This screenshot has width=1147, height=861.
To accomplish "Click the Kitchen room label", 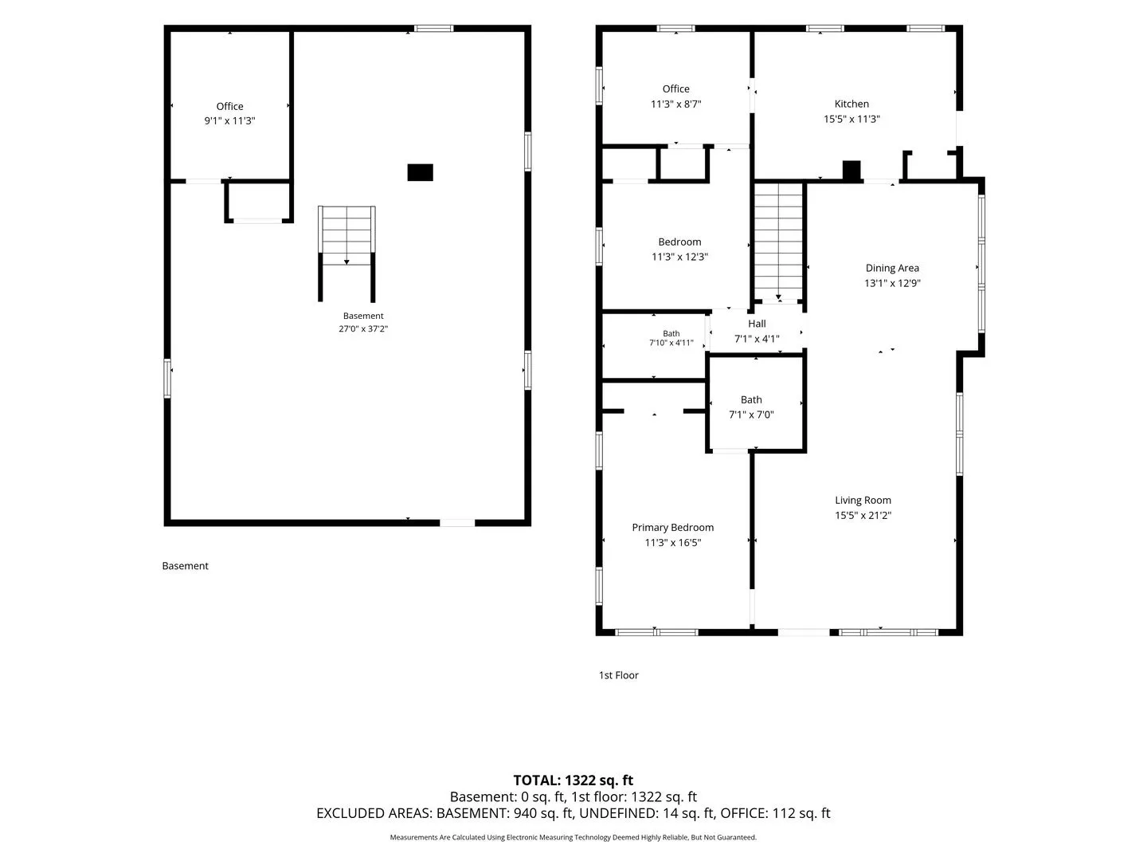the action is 851,104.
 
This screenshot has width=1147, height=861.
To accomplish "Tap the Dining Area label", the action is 892,268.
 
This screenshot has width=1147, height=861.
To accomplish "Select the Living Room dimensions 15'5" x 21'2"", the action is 863,516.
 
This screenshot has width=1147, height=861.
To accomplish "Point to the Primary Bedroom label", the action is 672,528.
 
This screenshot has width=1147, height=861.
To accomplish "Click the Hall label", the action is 757,324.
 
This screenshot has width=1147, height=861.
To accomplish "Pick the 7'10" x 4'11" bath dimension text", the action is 671,343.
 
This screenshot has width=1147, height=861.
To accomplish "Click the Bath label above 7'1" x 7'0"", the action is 751,400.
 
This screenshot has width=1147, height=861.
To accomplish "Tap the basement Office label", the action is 229,106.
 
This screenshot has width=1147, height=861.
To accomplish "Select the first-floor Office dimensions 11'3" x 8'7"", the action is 675,104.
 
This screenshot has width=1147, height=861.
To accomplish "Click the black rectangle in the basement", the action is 420,172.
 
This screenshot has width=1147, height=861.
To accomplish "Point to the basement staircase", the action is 346,254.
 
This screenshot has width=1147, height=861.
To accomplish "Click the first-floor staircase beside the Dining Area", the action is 778,242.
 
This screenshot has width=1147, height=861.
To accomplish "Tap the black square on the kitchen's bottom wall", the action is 851,171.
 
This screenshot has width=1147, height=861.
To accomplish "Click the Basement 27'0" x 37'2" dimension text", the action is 363,328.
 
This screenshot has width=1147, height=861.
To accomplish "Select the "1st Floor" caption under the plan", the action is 618,675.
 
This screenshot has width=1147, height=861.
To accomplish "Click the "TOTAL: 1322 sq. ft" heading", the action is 573,780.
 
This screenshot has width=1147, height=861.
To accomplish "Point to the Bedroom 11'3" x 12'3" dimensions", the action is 679,257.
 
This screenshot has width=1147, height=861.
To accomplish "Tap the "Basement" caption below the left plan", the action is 185,566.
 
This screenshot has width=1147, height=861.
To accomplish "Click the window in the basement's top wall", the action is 434,28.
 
